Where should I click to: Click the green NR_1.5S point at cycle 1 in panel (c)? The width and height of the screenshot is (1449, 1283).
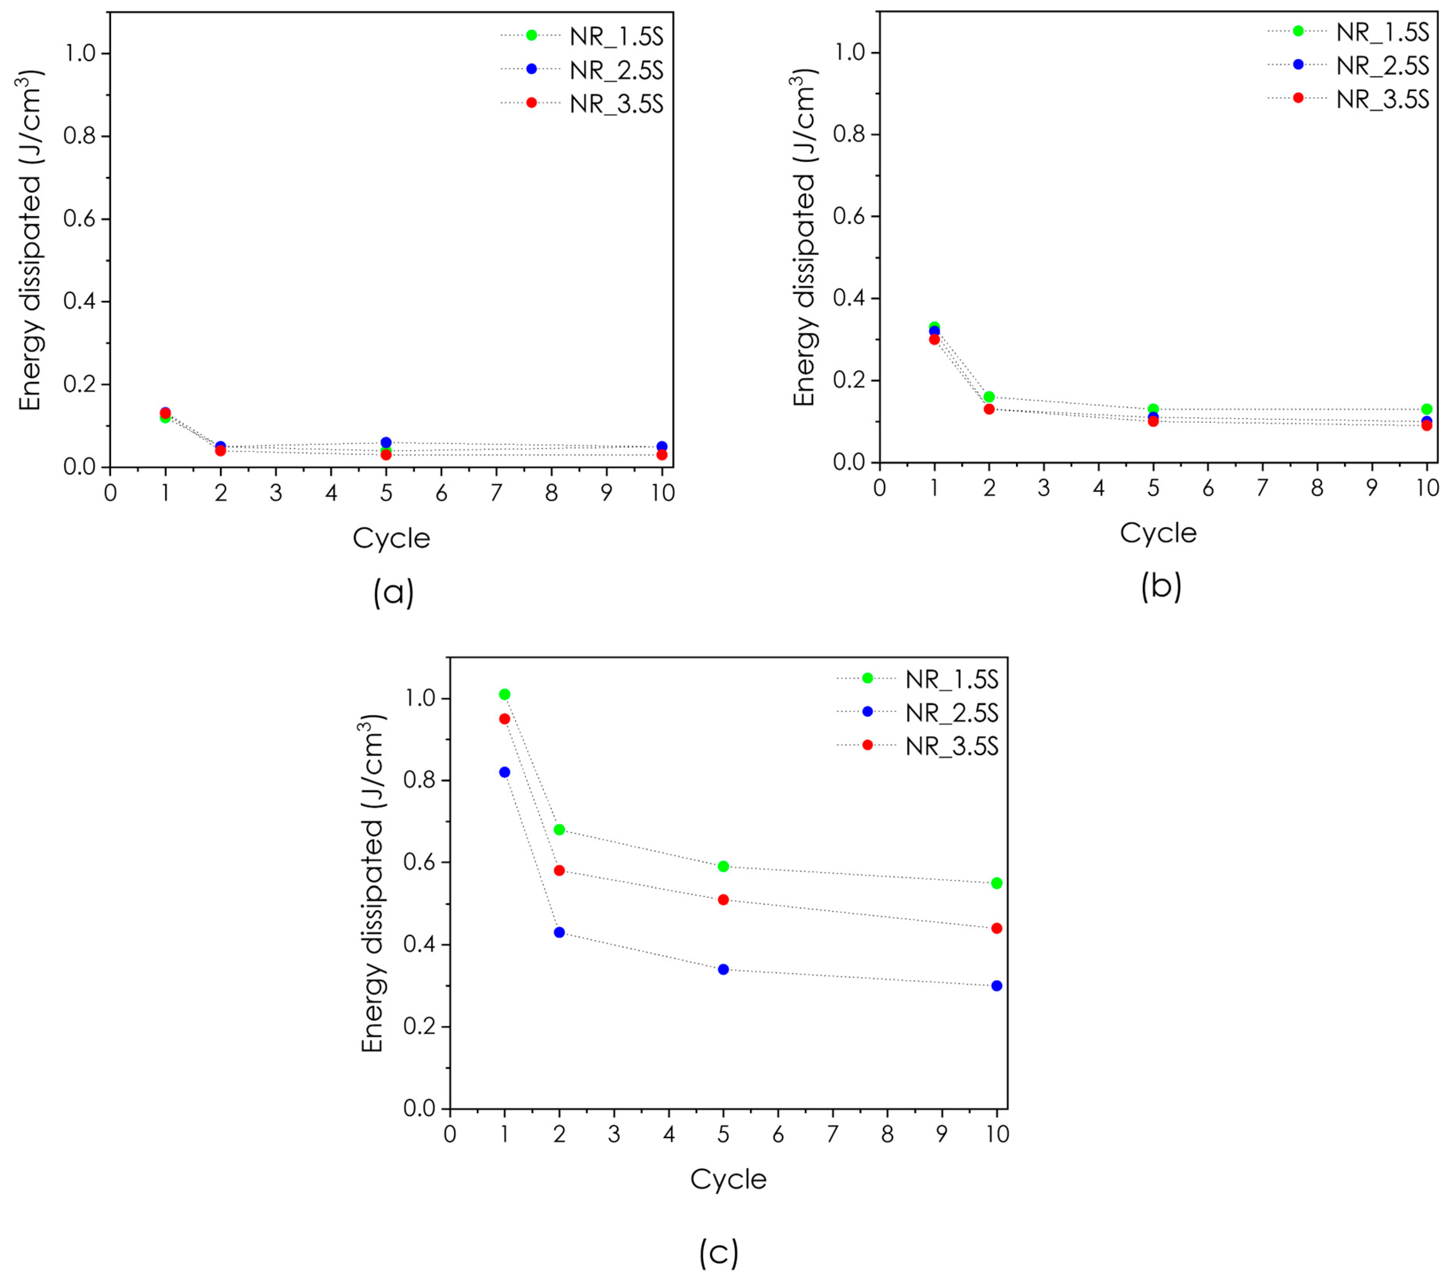click(504, 694)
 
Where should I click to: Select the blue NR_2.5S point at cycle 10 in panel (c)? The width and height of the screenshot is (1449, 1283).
click(996, 985)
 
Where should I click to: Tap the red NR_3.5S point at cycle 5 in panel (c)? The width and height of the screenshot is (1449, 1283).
click(723, 899)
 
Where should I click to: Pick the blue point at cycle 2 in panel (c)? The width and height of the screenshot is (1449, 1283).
click(559, 932)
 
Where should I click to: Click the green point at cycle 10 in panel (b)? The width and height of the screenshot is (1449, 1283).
click(1426, 409)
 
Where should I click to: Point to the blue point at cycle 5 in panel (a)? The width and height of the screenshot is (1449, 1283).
click(386, 442)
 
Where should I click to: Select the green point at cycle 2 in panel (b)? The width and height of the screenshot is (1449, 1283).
click(989, 396)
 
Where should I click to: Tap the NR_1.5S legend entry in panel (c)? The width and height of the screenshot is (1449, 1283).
click(952, 679)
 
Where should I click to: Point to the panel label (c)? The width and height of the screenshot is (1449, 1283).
click(718, 1252)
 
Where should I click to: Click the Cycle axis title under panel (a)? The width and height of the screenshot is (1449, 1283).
click(391, 539)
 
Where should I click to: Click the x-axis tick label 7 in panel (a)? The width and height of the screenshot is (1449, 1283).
click(496, 493)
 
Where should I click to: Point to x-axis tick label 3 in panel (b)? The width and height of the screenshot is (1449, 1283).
click(1043, 488)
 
